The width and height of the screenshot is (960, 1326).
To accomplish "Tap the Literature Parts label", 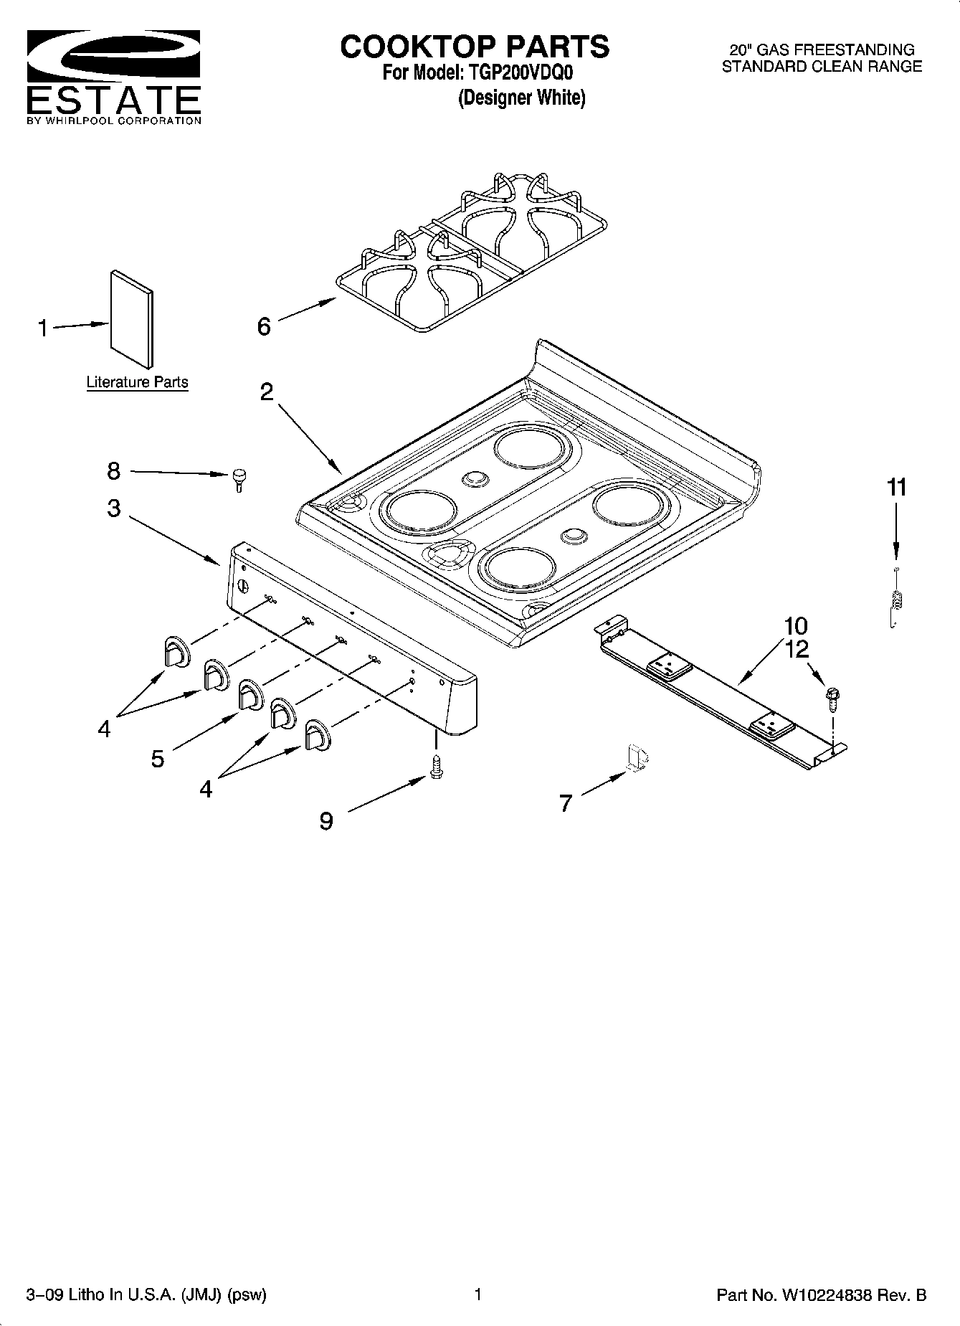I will point(137,382).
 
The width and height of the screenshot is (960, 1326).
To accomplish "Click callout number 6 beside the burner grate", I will point(264,327).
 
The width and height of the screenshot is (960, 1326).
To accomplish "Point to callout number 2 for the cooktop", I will point(266,392).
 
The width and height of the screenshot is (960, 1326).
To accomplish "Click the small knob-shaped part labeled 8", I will point(239,478).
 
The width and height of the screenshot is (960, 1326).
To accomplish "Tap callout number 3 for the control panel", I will point(114,508).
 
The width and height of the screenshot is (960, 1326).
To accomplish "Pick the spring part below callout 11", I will point(895,600).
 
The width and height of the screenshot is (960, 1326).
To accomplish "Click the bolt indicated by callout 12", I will point(833,697).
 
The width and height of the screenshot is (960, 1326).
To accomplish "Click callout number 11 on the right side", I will point(896,488).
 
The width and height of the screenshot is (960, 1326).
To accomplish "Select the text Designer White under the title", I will point(521,98).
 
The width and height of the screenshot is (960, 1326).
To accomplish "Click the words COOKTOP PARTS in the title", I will point(475,47).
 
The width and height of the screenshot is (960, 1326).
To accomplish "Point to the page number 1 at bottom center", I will point(477,1294).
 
